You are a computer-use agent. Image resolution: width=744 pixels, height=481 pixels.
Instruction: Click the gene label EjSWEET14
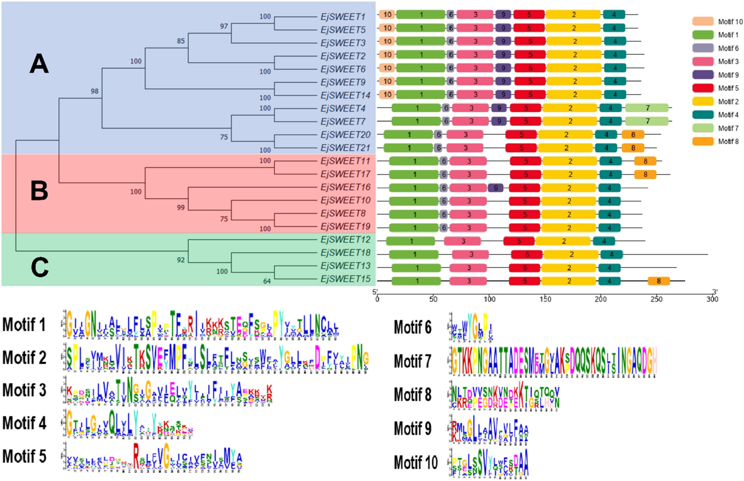(x=345, y=95)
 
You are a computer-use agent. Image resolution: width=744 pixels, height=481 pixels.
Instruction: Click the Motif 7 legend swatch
(x=703, y=128)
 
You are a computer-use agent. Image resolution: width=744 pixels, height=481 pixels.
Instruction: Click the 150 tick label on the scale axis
(x=545, y=299)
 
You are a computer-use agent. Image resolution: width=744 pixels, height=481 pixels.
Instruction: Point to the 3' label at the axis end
(x=715, y=292)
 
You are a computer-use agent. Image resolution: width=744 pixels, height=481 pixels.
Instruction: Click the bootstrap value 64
(x=267, y=281)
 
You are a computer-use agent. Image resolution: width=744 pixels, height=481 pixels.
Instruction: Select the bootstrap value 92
(x=181, y=260)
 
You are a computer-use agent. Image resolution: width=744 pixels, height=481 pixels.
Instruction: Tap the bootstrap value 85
(x=181, y=41)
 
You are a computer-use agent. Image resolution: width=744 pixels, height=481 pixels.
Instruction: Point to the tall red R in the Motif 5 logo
(x=136, y=456)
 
